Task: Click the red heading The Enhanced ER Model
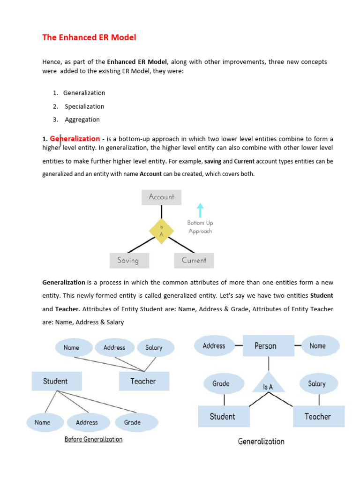(89, 37)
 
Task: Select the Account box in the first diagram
(161, 197)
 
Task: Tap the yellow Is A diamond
(161, 231)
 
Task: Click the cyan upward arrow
(200, 210)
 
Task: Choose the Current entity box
(194, 261)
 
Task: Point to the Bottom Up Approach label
(200, 227)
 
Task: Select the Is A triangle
(268, 383)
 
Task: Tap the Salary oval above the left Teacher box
(154, 348)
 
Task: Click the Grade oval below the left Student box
(132, 422)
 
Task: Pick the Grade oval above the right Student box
(221, 383)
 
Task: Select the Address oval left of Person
(214, 346)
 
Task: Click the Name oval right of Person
(317, 346)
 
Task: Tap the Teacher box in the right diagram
(318, 416)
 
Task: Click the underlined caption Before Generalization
(93, 440)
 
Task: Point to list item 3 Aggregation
(82, 120)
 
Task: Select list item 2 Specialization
(84, 106)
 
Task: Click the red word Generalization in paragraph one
(75, 139)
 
